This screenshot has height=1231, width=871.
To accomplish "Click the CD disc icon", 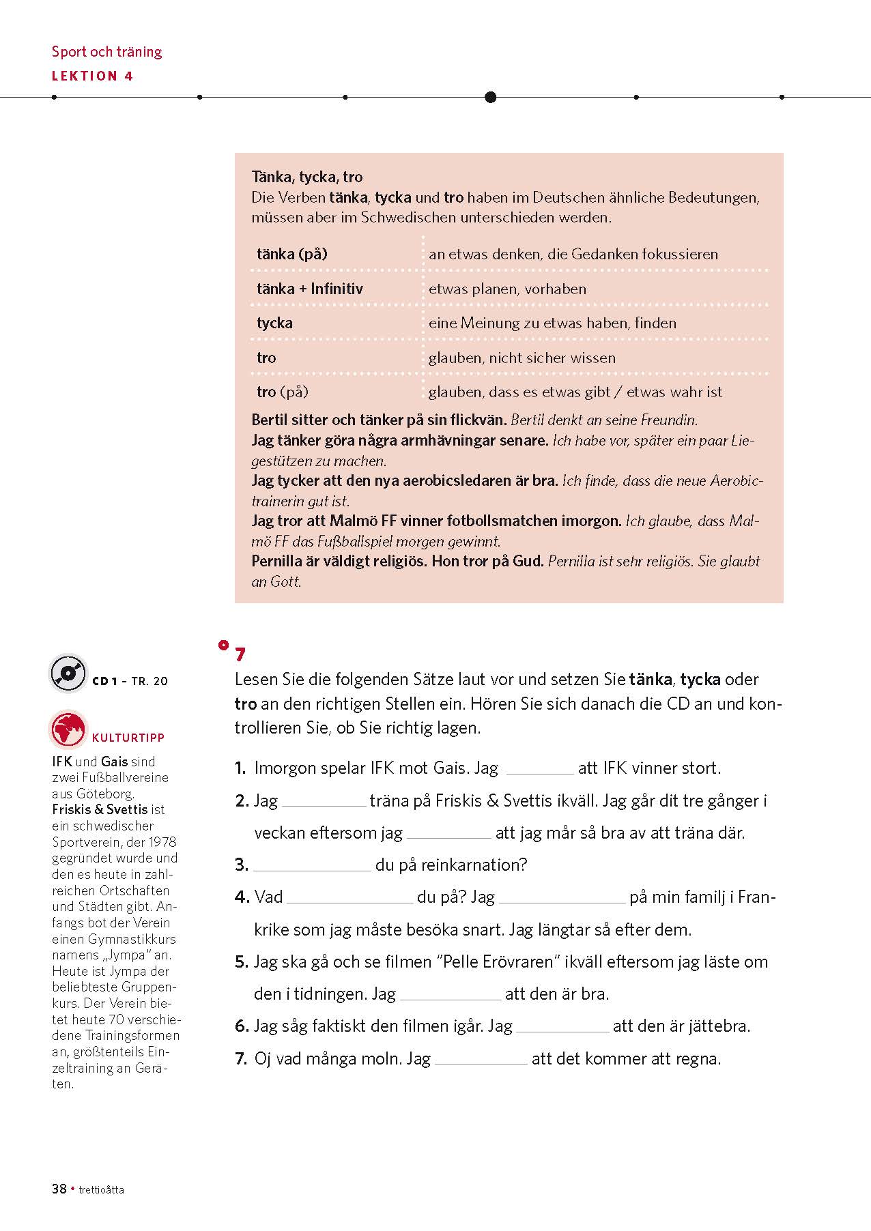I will pyautogui.click(x=68, y=674).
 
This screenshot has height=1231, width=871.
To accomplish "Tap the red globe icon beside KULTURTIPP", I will pyautogui.click(x=68, y=729).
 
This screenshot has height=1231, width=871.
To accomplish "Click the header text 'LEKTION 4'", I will pyautogui.click(x=92, y=76).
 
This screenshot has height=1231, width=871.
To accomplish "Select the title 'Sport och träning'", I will pyautogui.click(x=107, y=52).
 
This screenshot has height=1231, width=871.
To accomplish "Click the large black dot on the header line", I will pyautogui.click(x=490, y=97).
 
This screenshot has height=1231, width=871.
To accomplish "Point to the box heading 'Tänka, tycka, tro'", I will pyautogui.click(x=307, y=177).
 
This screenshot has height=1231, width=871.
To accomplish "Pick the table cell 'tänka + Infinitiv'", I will pyautogui.click(x=310, y=289).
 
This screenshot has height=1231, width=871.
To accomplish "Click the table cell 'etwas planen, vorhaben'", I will pyautogui.click(x=507, y=289).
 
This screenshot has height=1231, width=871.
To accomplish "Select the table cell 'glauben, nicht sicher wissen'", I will pyautogui.click(x=522, y=358).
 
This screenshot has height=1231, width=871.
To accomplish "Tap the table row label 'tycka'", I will pyautogui.click(x=274, y=323).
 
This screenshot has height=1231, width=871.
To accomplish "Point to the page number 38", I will pyautogui.click(x=59, y=1189).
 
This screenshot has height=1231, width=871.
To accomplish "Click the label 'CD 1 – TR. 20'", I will pyautogui.click(x=130, y=681).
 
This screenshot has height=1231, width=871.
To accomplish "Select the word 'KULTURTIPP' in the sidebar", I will pyautogui.click(x=128, y=738).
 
